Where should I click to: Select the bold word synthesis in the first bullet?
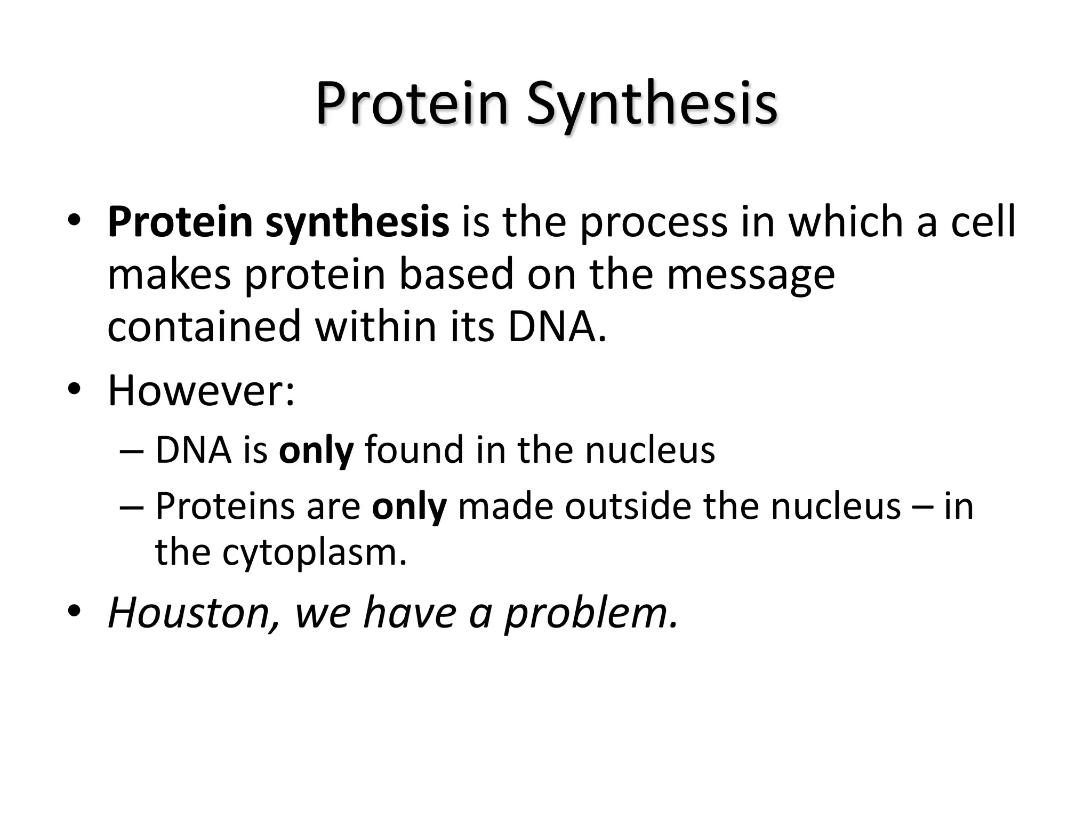click(357, 223)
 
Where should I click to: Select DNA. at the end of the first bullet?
click(557, 326)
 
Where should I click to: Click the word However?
click(201, 391)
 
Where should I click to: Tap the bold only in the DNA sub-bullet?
click(316, 451)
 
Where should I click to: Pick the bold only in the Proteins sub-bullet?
click(409, 507)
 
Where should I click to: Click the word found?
click(414, 451)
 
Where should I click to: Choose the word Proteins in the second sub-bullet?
click(224, 506)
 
